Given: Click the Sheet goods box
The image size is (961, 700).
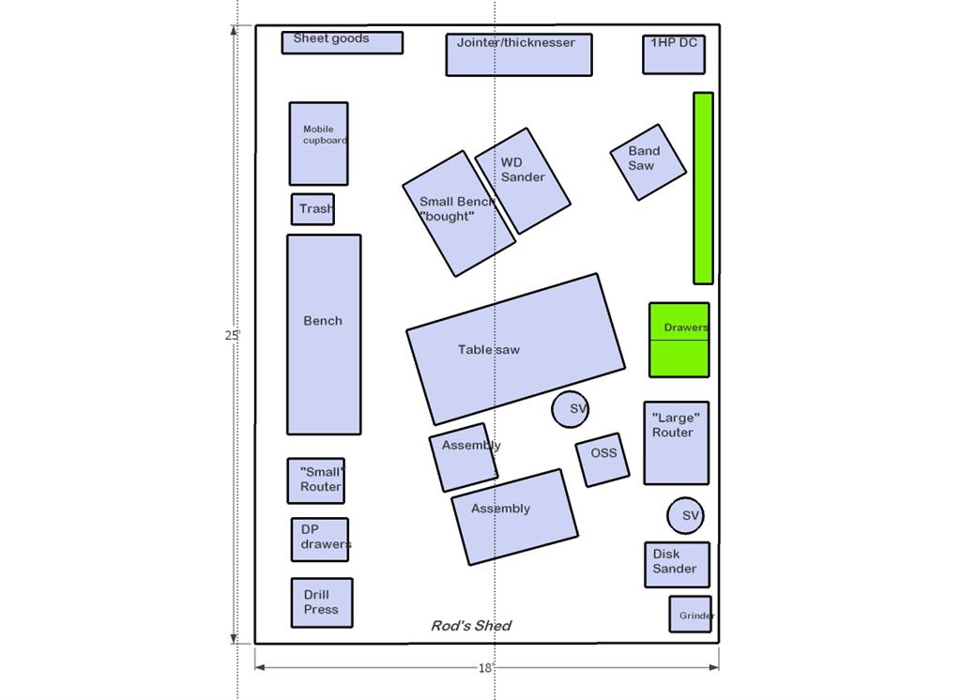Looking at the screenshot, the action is pos(342,43).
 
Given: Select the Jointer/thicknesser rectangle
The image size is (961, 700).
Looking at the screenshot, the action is pos(519,55).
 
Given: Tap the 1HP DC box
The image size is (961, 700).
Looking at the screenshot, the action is pos(674,54).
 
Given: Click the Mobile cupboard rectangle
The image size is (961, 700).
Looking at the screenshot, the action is pos(319,145).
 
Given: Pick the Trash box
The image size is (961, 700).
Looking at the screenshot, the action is pos(313,209).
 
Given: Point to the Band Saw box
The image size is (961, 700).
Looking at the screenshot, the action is pos(648,162).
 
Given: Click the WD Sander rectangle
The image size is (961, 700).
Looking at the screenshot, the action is pos(523,181).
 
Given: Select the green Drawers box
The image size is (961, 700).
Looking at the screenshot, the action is pos(679,340).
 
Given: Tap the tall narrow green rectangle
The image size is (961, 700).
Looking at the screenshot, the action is pos(703,189).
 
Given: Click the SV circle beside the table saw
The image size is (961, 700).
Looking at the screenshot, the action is pos(570,409).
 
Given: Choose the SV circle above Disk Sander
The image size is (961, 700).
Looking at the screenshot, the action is pos(685,515).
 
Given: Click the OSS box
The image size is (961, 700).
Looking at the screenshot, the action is pos(603,460).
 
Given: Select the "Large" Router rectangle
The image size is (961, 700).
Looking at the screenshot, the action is pos(677,443).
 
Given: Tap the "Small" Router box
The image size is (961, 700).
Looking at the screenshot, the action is pos(316,481).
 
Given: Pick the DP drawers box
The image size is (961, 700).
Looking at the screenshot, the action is pos(320,540).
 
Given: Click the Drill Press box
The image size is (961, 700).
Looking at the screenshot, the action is pos(322,602).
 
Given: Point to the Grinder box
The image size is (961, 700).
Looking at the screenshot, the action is pos(691,615).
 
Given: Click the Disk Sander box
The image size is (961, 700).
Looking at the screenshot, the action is pos(678,565).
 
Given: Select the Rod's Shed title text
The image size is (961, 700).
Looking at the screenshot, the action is pos(471,626).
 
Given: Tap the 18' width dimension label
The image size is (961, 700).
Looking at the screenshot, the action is pos(485,668).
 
